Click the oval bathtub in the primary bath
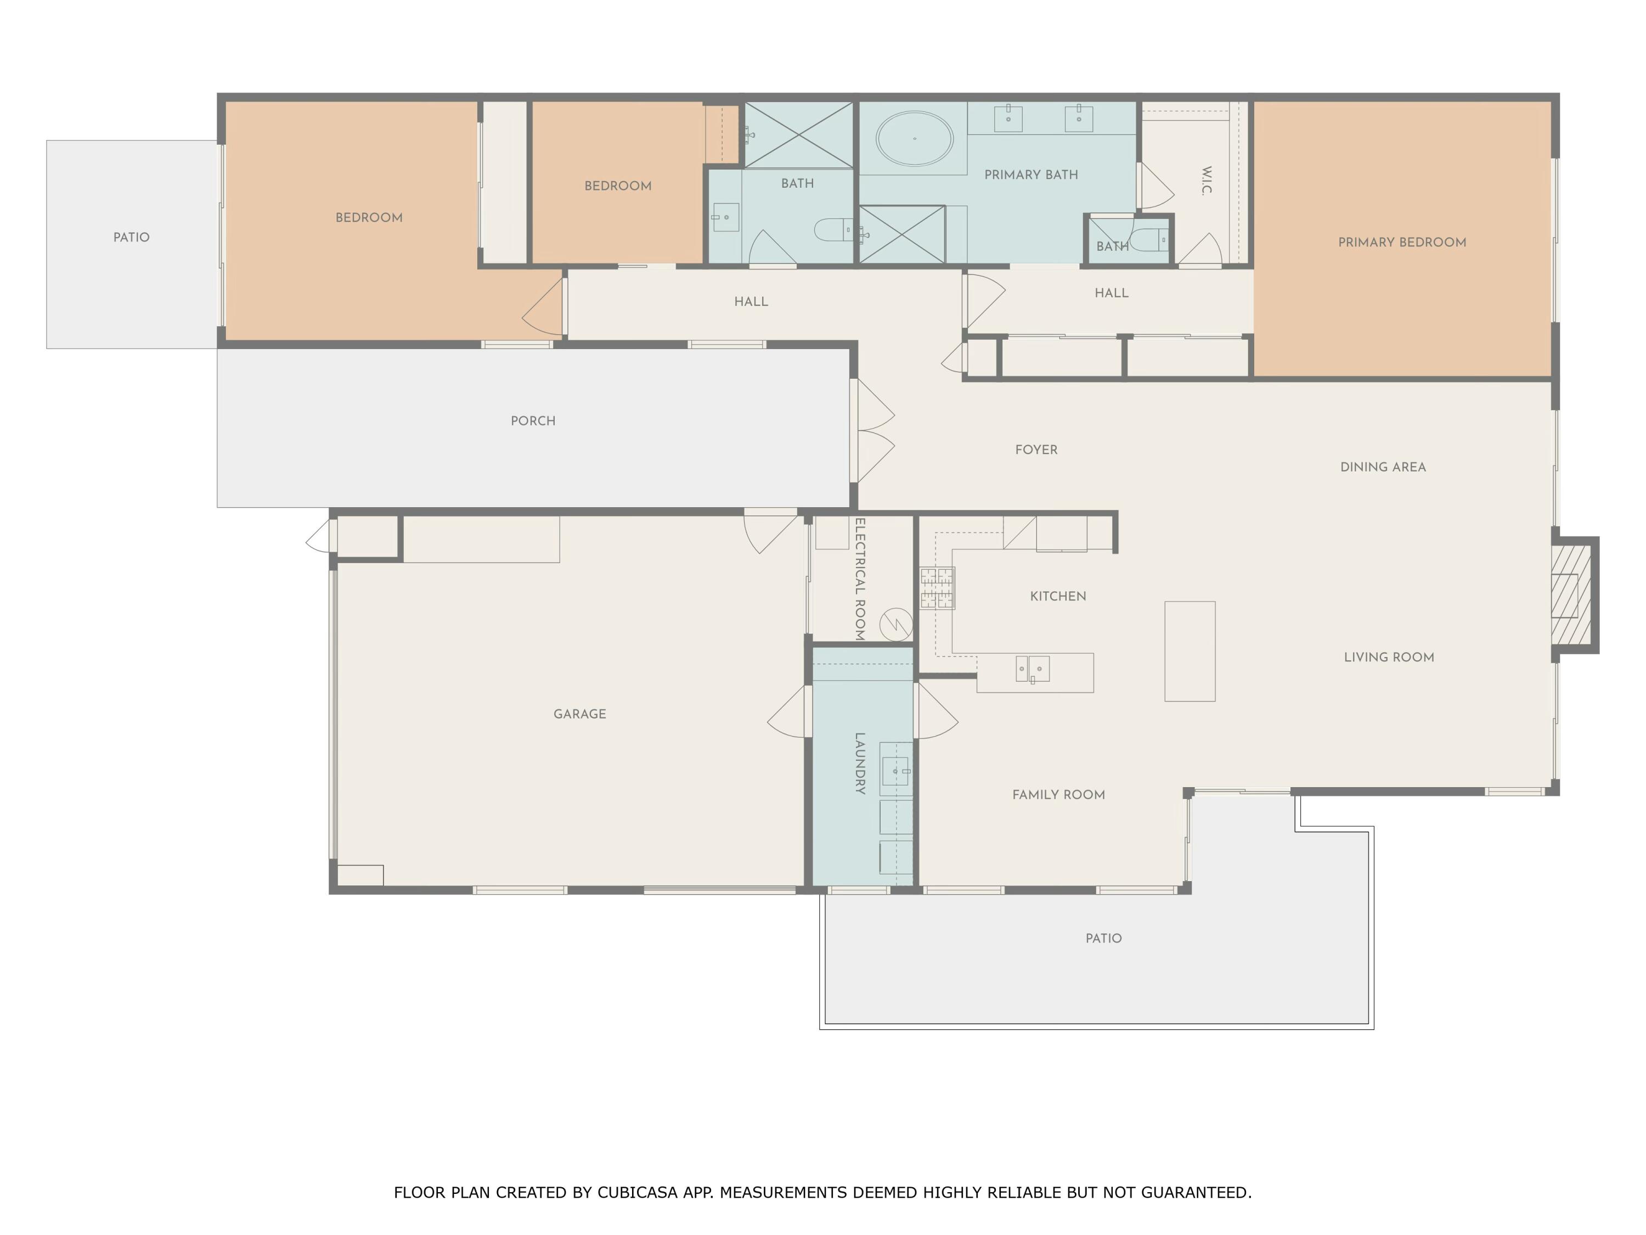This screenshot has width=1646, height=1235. pos(914,138)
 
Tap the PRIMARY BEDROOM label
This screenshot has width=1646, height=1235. pos(1402,242)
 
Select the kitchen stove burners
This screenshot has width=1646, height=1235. pos(937,588)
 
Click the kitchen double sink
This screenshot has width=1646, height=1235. pos(1033,669)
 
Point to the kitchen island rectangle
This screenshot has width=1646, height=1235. pos(1190,652)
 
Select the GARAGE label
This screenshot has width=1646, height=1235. pos(580,714)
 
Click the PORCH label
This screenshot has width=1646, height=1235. pos(533,420)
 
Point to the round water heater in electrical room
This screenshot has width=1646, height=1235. pos(896,625)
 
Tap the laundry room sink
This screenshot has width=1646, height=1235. pos(896,771)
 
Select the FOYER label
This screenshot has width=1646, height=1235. pos(1036,450)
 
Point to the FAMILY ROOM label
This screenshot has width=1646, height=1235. pos(1058,795)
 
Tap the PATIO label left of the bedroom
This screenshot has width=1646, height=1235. pos(131,238)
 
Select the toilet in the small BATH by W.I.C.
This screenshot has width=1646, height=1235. pos(1149,240)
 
